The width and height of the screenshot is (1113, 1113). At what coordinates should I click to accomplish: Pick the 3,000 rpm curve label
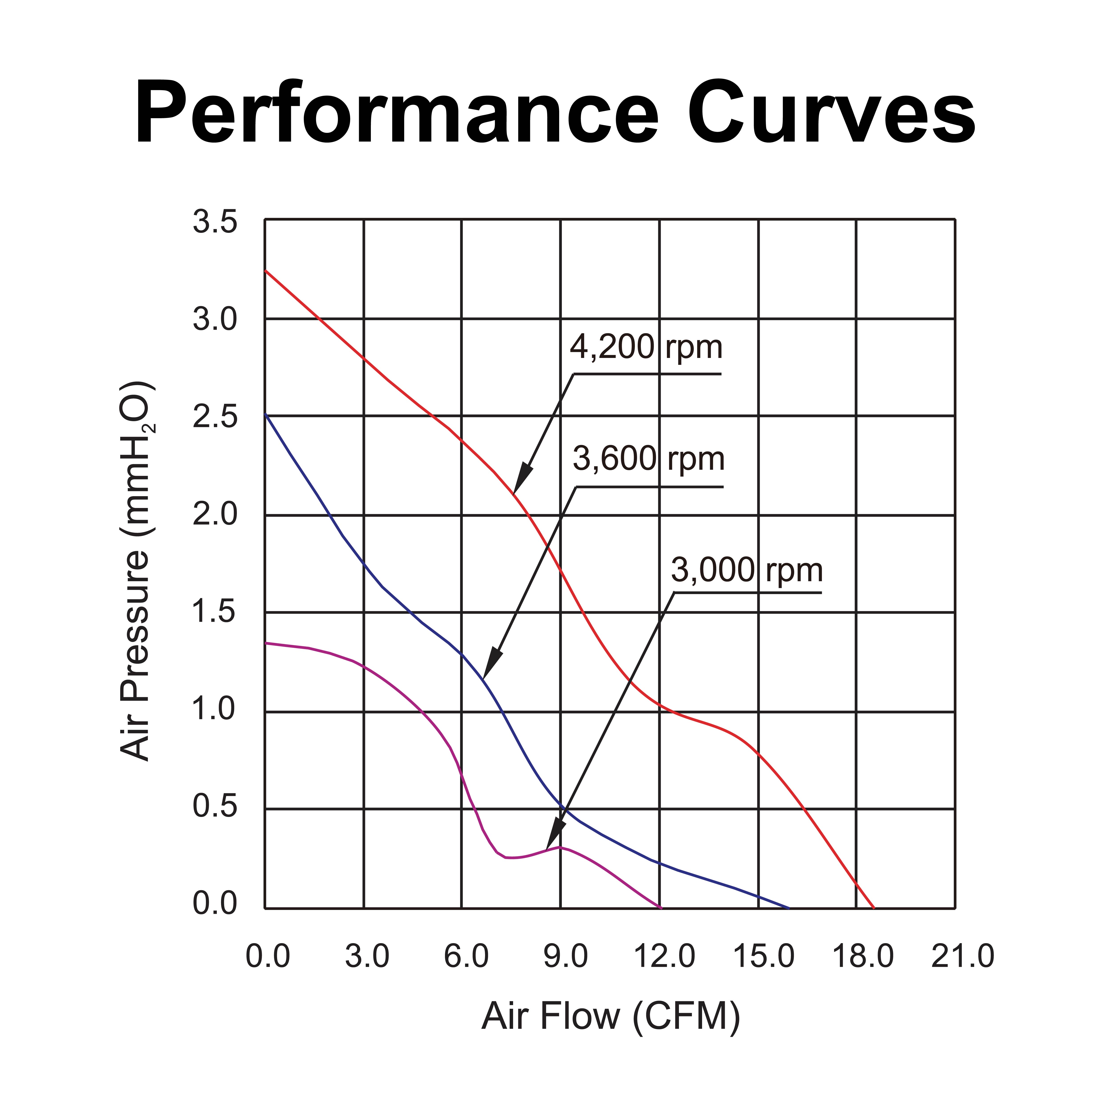click(x=747, y=570)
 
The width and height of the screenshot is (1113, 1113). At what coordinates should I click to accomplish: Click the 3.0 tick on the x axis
click(x=367, y=956)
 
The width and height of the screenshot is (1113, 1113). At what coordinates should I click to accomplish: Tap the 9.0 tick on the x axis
click(x=565, y=956)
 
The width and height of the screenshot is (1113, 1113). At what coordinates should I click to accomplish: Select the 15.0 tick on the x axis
click(x=763, y=956)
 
